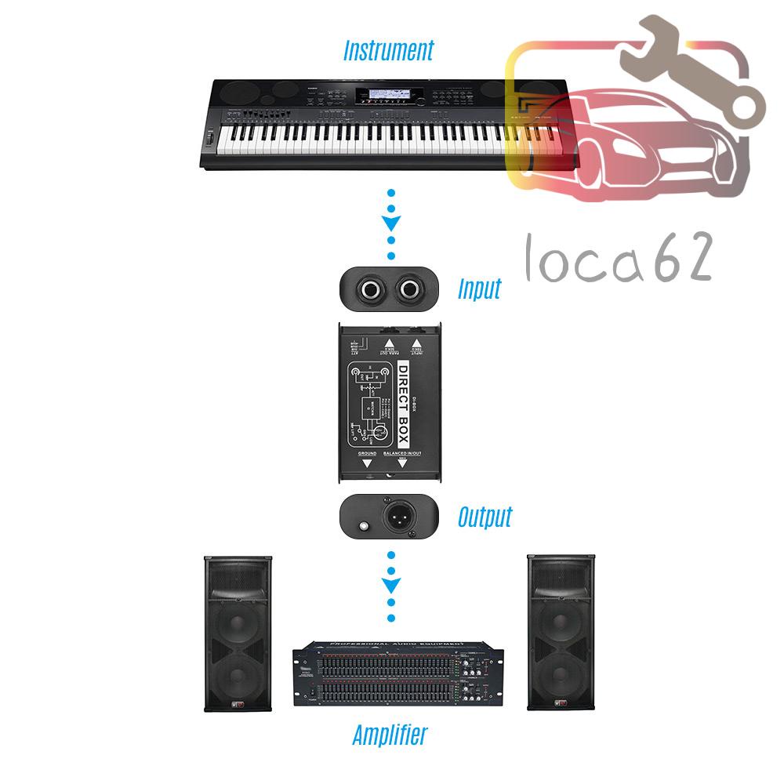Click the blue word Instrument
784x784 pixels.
[388, 52]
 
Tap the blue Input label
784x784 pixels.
[479, 289]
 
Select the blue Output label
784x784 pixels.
[485, 517]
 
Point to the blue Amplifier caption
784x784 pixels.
[390, 735]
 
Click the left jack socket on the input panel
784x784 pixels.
[368, 290]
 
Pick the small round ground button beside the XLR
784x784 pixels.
[363, 525]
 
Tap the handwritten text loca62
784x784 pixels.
[619, 260]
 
